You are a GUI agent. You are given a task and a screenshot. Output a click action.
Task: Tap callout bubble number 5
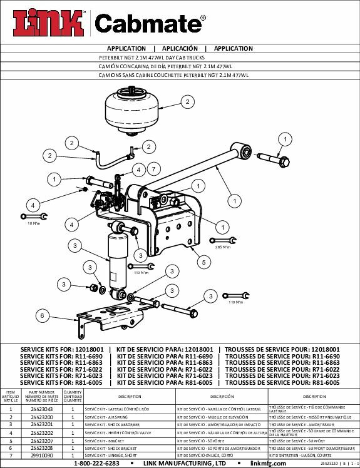tap(203, 263)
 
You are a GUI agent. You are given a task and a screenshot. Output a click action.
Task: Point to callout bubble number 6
tap(42, 316)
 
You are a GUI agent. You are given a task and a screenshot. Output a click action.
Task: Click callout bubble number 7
tap(152, 169)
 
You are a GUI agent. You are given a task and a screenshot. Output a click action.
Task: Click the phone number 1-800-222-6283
tap(96, 464)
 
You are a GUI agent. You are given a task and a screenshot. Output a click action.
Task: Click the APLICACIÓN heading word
tap(180, 48)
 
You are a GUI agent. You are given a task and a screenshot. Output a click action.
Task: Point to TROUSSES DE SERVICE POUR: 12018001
tap(282, 349)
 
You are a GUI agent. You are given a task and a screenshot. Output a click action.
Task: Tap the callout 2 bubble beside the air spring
tap(186, 101)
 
